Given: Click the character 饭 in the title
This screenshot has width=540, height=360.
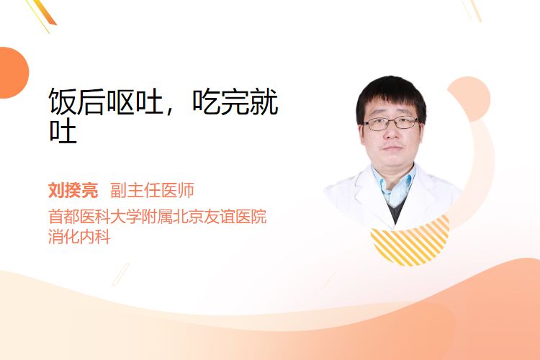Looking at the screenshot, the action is tap(63, 101).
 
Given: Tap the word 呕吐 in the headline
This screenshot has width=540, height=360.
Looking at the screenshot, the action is tap(135, 101).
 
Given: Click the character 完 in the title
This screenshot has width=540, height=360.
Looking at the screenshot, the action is tap(235, 101).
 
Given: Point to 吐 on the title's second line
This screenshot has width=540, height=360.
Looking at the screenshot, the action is tap(63, 130).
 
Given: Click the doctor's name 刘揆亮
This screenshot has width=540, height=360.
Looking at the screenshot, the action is tap(73, 190).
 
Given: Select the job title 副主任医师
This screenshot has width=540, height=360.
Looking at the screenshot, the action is tap(152, 190).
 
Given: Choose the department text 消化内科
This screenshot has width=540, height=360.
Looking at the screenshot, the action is tap(79, 236).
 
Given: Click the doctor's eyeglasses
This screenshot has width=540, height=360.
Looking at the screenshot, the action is tap(391, 123).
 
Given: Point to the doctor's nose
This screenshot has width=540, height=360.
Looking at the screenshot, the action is tap(391, 132).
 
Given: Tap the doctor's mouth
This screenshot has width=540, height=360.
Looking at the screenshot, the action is tap(392, 148).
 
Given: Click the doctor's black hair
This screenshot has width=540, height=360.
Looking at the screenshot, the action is tap(391, 93).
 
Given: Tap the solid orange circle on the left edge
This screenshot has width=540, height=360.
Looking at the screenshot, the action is tap(12, 73).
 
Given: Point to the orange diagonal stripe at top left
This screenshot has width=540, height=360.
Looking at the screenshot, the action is tap(45, 12).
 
